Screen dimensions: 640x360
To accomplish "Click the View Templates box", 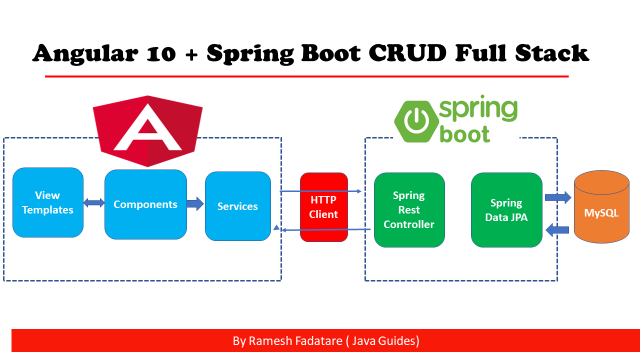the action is coord(48,202).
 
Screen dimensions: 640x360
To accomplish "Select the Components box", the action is coord(145,204).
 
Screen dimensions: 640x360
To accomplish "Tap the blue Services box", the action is coord(238,206).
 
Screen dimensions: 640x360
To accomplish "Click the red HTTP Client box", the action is coord(324,207).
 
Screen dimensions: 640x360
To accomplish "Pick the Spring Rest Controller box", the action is coord(409,210).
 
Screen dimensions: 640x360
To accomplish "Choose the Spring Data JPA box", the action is coord(506,210).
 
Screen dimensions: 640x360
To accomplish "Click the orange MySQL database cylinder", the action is coord(601,207).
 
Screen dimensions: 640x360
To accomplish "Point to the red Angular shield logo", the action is coord(147,131).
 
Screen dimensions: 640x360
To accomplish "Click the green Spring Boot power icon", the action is coord(416,121).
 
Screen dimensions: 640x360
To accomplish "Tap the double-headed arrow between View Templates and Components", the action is coord(94,203).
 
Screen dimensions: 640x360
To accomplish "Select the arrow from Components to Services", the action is coord(195,203).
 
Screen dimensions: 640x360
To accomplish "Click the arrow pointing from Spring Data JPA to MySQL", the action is coord(558,197).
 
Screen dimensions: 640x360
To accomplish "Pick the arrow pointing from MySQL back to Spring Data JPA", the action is coord(557,229).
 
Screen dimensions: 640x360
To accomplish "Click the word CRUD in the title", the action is coord(407,53).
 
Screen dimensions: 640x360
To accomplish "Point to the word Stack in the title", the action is coord(552,53).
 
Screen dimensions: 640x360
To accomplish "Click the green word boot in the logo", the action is coord(465,134).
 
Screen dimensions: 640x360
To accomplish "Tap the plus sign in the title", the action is coord(191,55).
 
